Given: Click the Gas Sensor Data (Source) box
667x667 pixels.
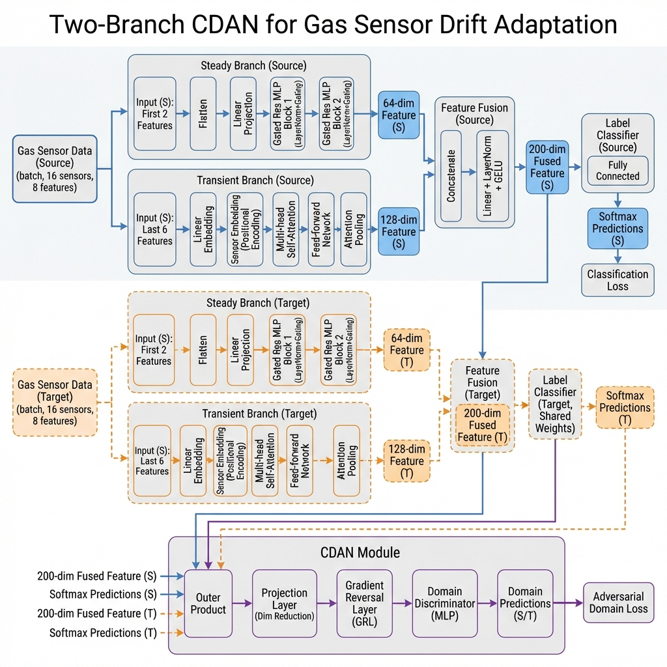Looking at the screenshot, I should [55, 168].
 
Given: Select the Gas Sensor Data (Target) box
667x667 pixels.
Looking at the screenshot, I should [55, 402].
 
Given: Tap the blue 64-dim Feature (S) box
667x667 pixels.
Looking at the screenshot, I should [399, 115].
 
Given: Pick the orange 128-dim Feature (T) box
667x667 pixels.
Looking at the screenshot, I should [407, 461].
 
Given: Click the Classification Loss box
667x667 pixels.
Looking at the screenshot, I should [617, 280].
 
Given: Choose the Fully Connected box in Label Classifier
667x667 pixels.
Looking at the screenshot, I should [617, 171].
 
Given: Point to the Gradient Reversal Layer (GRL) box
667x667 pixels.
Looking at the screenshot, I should [365, 603].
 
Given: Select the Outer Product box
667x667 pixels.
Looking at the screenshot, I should [208, 603].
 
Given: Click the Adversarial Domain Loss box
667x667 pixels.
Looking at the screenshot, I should [618, 603].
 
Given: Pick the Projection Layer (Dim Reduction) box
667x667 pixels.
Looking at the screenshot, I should [284, 603].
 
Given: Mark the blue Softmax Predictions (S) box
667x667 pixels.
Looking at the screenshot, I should [617, 229].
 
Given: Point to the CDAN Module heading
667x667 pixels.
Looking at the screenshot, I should [360, 552].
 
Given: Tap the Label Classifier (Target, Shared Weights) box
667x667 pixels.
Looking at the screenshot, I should [555, 404].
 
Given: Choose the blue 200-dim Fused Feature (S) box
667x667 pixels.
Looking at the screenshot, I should [547, 167].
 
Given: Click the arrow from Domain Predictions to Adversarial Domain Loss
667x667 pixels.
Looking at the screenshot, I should [567, 603].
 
